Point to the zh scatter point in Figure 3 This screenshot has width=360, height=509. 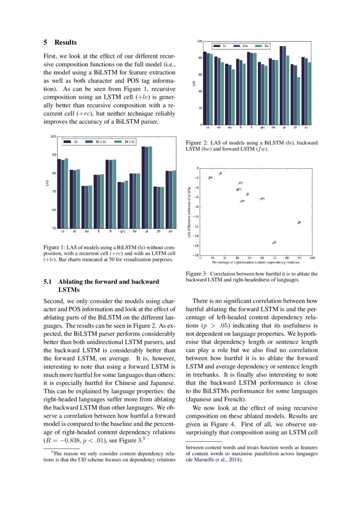pyautogui.click(x=273, y=243)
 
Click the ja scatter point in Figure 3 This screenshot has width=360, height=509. pyautogui.click(x=298, y=222)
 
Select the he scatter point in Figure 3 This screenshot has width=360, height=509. pyautogui.click(x=209, y=178)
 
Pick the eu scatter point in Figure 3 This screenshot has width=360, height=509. pyautogui.click(x=261, y=199)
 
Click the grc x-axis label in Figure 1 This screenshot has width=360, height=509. pyautogui.click(x=123, y=232)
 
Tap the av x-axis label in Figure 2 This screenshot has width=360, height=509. pyautogui.click(x=306, y=128)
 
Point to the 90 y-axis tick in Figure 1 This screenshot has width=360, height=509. pyautogui.click(x=54, y=155)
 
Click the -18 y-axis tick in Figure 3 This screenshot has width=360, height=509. pyautogui.click(x=196, y=255)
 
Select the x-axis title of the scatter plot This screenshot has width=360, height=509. pyautogui.click(x=256, y=263)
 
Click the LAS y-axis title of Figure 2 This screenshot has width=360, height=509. pyautogui.click(x=194, y=83)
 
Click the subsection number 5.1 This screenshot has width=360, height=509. pyautogui.click(x=48, y=282)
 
